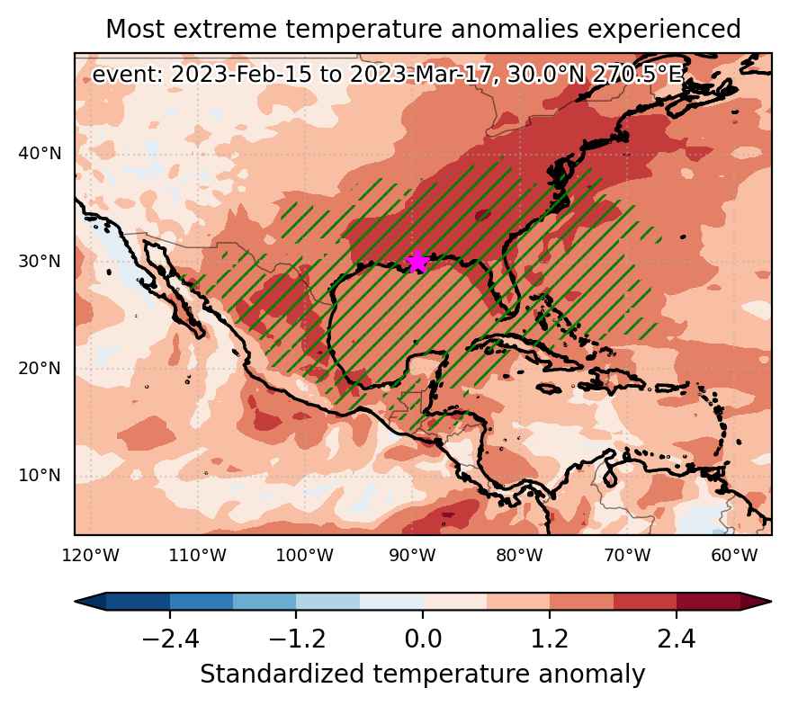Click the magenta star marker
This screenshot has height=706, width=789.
coord(417,262)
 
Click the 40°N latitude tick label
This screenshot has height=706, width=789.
coord(40,154)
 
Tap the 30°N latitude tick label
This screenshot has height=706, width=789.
coord(40,262)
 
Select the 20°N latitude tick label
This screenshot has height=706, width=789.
coord(40,369)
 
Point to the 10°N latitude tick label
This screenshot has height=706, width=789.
coord(40,475)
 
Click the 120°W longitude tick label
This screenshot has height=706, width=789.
coord(91,556)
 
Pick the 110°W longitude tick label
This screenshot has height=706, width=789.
coord(198,556)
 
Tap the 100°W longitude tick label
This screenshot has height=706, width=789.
coord(306,556)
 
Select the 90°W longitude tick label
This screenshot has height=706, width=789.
coord(413,556)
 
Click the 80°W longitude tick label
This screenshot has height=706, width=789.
coord(520,556)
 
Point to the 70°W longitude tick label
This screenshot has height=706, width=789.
coord(627,556)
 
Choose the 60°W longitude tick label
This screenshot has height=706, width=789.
coord(734,556)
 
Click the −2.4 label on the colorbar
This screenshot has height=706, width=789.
coord(171,639)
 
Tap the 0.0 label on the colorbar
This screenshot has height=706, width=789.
coord(423,639)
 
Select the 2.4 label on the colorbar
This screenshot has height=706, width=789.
coord(677,639)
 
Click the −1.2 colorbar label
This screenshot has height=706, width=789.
coord(297,639)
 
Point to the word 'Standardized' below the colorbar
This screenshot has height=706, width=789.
coord(282,675)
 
